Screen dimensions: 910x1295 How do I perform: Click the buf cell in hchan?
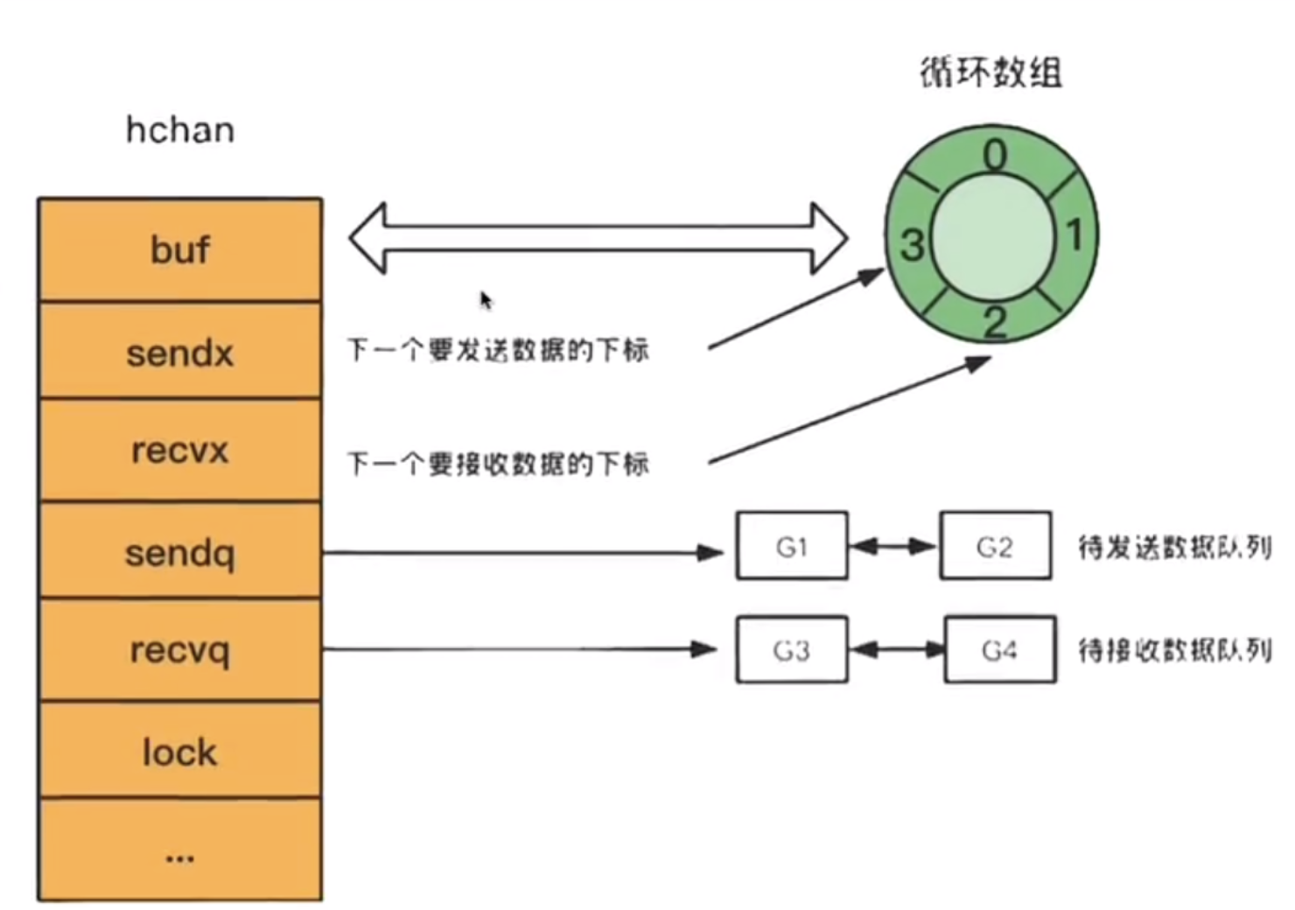point(180,250)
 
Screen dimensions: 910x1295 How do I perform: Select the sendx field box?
point(180,352)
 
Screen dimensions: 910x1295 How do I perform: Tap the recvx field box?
point(180,451)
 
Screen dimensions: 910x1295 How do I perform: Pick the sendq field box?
point(180,552)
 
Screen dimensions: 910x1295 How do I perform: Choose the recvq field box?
point(180,649)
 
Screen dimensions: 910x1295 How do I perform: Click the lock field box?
point(180,752)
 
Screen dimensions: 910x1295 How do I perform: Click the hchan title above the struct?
point(180,130)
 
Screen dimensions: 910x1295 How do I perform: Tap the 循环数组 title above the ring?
point(991,72)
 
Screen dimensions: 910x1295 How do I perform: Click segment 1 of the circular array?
point(1074,234)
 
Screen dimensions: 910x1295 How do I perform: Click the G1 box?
point(792,546)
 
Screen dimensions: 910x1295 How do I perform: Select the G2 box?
point(995,546)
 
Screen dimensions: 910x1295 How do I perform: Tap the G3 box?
point(792,650)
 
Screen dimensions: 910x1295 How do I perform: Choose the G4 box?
point(999,650)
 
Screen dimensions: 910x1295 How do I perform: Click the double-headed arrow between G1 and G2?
point(893,547)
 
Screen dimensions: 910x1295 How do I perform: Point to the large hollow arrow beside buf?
point(598,238)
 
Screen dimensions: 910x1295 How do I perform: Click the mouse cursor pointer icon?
point(486,300)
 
